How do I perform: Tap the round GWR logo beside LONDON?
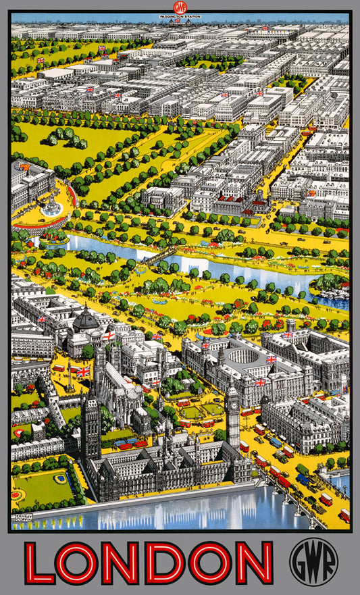(x=313, y=563)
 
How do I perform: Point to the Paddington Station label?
(x=180, y=14)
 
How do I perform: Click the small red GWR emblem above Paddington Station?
(x=180, y=7)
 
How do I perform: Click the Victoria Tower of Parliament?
(x=91, y=422)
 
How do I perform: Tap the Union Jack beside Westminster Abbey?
(x=82, y=371)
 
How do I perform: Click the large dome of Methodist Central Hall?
(x=86, y=319)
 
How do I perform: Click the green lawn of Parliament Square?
(x=192, y=411)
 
